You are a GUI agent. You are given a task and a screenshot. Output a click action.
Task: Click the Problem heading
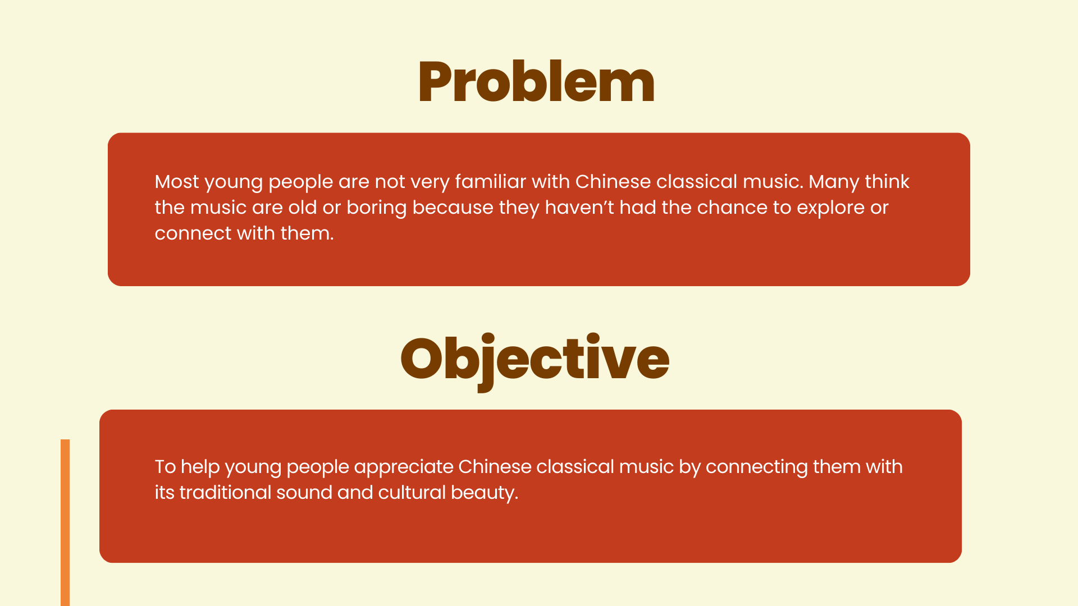536,82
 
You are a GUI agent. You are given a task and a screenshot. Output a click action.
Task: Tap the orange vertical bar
65,522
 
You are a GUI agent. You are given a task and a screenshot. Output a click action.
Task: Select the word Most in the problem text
177,182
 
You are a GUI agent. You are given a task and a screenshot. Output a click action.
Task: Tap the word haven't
579,208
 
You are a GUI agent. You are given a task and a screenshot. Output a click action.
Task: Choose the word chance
732,208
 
